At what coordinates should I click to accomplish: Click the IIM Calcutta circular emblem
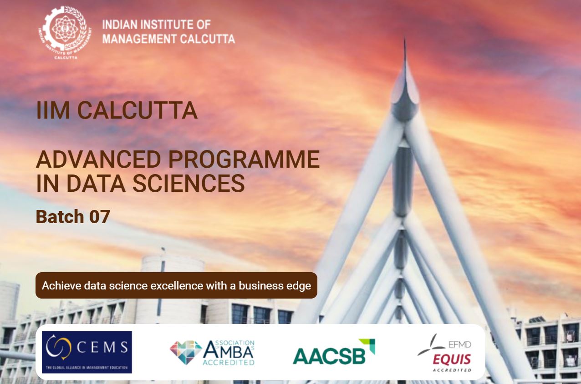pos(66,32)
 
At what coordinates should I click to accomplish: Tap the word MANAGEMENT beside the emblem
pos(139,39)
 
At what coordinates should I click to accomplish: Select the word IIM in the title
pos(53,110)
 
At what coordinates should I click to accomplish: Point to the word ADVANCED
pos(98,160)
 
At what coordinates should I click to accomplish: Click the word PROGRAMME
pos(244,160)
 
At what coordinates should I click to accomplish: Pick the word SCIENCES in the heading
pos(189,183)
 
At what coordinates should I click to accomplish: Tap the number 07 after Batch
pos(100,217)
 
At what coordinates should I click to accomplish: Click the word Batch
pos(60,217)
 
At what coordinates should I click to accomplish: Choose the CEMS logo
pos(87,352)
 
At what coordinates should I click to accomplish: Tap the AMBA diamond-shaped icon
pos(186,352)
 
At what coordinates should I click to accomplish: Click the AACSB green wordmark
pos(329,356)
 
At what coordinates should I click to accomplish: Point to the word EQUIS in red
pos(452,359)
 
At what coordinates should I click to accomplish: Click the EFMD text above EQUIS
pos(459,344)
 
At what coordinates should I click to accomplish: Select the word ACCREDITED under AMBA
pos(228,362)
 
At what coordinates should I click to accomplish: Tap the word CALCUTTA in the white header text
pos(208,39)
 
